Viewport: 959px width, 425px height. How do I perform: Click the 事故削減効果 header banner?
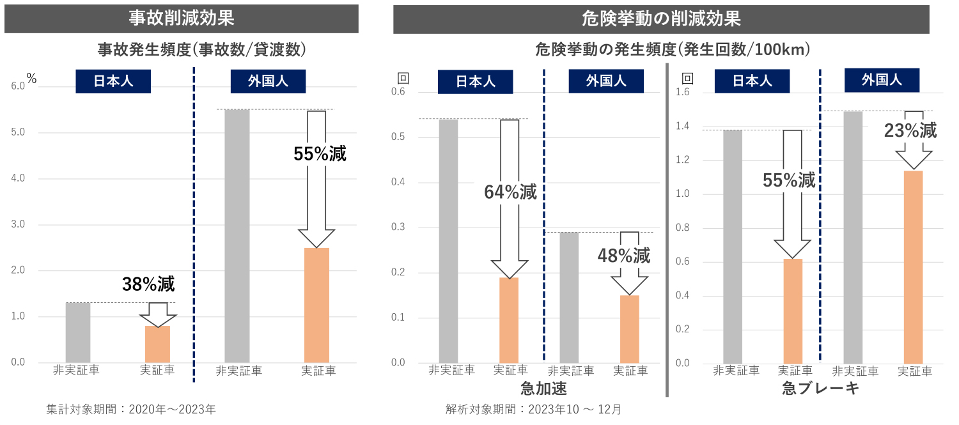point(182,18)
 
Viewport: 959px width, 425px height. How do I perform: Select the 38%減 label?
point(148,284)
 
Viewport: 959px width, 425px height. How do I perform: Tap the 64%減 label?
point(511,192)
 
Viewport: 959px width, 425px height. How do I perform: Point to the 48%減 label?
point(624,256)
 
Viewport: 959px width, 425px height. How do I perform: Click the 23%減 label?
point(910,131)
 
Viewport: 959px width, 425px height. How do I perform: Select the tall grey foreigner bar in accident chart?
point(237,236)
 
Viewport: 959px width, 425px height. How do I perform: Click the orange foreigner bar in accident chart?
point(316,305)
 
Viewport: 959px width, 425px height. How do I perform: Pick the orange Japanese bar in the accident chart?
point(157,344)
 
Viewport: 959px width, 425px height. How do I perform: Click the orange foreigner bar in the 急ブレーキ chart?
point(914,267)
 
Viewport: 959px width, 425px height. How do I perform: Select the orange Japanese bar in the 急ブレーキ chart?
point(793,311)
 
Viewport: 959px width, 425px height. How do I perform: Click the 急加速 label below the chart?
point(543,389)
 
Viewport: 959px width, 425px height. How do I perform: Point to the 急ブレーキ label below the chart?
point(820,389)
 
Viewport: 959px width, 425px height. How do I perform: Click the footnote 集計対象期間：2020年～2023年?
point(131,409)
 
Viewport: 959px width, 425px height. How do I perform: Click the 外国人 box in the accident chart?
point(268,82)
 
